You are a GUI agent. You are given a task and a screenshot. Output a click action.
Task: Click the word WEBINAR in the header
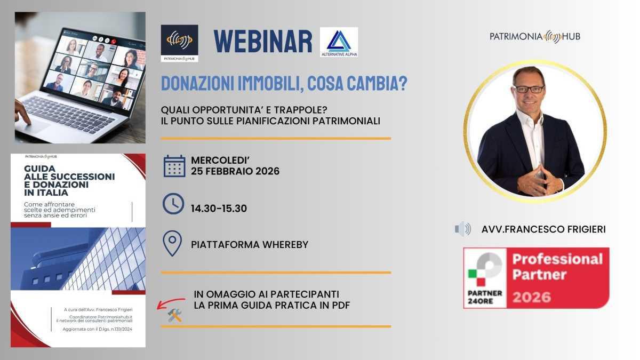(x=262, y=41)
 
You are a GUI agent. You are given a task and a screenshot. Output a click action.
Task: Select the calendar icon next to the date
(x=174, y=166)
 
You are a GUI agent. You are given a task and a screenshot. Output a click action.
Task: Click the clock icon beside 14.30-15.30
(x=173, y=204)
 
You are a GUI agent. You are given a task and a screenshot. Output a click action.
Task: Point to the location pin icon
(x=172, y=244)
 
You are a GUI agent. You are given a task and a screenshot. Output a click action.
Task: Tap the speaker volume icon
(x=462, y=229)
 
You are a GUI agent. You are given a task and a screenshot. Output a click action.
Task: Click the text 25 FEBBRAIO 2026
(x=235, y=171)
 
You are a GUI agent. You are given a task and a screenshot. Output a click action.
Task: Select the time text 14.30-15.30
(x=219, y=209)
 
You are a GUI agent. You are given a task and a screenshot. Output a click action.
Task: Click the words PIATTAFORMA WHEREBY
(x=250, y=245)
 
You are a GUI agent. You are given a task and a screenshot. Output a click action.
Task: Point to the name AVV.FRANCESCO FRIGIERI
(x=543, y=229)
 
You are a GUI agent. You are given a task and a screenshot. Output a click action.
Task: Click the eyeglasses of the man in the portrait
(x=529, y=89)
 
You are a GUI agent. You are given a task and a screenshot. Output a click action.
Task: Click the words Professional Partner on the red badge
(x=557, y=267)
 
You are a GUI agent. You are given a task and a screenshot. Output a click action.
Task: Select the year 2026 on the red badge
(x=532, y=296)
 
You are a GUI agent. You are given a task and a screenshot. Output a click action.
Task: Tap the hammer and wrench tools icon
(x=175, y=316)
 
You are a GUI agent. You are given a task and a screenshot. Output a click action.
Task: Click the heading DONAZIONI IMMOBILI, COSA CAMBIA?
(x=284, y=84)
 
